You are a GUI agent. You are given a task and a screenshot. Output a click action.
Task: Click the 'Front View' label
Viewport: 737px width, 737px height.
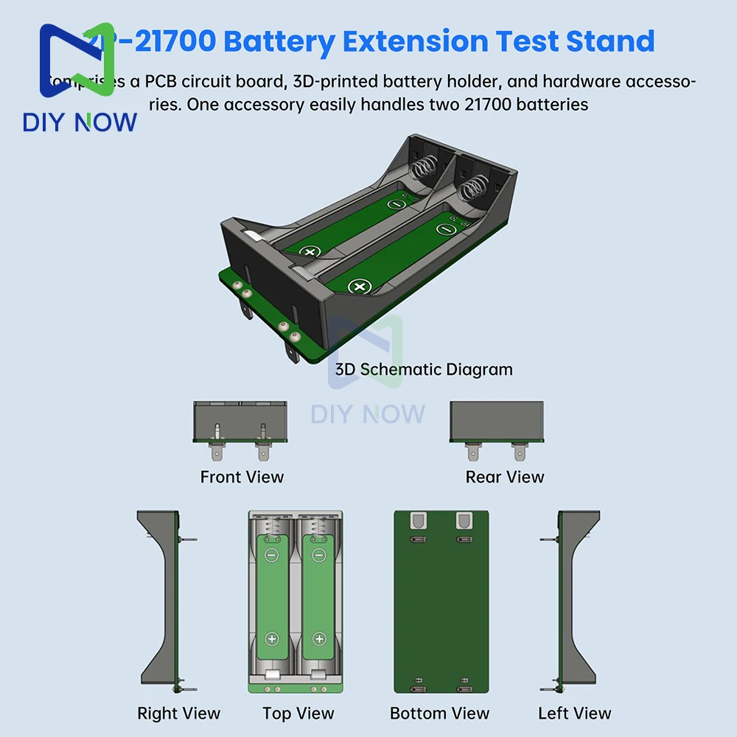242,477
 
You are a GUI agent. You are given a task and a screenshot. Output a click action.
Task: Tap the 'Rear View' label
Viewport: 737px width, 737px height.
505,477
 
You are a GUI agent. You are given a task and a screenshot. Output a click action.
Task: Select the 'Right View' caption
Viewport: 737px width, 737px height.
178,713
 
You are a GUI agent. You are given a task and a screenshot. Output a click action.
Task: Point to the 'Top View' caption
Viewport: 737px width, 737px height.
298,713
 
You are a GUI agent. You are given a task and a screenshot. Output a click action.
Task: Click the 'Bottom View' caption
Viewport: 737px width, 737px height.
439,713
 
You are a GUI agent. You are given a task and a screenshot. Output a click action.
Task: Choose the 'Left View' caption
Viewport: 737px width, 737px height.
574,713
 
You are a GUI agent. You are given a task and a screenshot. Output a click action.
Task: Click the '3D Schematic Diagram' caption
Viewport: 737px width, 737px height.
424,368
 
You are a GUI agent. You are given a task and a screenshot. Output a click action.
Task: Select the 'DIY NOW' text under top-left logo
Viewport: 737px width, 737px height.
80,122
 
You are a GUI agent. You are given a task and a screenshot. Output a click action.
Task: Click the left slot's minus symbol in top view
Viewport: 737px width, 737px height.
272,555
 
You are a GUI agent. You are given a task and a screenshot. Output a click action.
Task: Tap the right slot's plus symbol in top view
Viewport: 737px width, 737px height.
318,639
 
